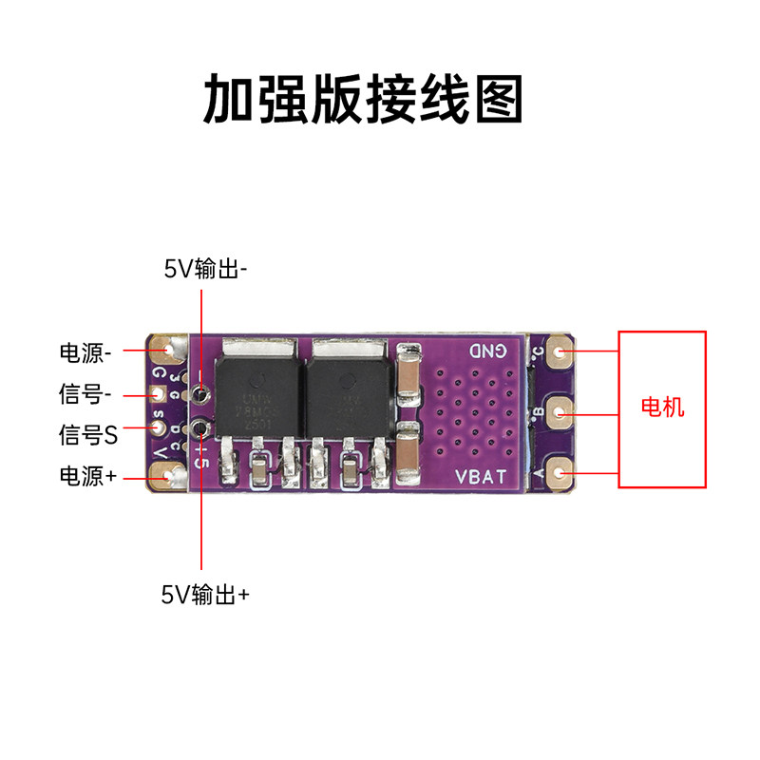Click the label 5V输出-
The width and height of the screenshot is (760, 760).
205,269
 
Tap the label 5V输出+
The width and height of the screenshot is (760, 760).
205,595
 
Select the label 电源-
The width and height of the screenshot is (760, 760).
85,353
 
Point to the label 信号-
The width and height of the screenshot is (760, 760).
85,393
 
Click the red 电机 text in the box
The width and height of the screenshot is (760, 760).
662,408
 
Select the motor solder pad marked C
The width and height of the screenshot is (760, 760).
560,355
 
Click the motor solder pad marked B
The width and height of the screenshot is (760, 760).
560,413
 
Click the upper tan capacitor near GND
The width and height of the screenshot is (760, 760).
410,371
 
